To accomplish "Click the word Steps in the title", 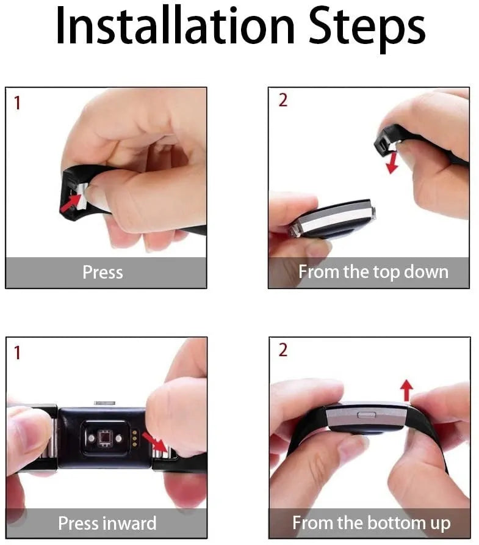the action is (x=367, y=29).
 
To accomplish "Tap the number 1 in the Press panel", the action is (x=17, y=103).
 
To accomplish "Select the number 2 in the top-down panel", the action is (x=283, y=100).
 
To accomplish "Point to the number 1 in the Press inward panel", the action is (x=17, y=353).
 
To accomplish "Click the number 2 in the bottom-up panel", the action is (x=283, y=349).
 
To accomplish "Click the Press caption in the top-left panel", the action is (x=103, y=272).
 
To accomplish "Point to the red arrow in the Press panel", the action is (x=70, y=203).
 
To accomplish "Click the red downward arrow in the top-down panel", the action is (x=392, y=163).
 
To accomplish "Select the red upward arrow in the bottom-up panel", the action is (x=406, y=390).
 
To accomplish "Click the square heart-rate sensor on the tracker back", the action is (x=104, y=438).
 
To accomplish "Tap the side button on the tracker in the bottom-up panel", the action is (x=367, y=415).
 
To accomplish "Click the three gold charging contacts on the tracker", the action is (x=135, y=439).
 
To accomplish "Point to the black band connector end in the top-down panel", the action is (x=384, y=142).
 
